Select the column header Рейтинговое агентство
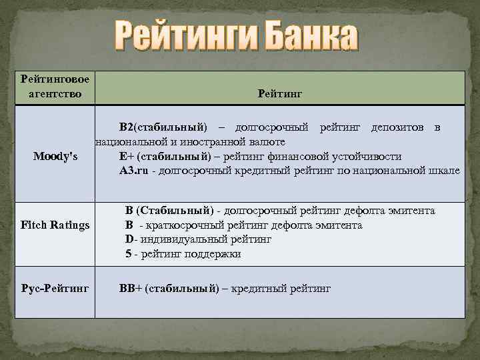click(55, 87)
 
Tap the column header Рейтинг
click(279, 95)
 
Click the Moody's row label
click(55, 157)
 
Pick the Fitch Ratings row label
click(55, 225)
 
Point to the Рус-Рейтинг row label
click(55, 289)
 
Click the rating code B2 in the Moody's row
click(127, 127)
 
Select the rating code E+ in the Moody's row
click(127, 157)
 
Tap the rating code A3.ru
click(134, 171)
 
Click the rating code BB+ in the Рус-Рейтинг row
click(131, 289)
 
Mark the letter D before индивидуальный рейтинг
click(129, 239)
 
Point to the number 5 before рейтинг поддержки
click(128, 254)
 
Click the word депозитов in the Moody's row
click(397, 127)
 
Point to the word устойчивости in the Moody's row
click(369, 157)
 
